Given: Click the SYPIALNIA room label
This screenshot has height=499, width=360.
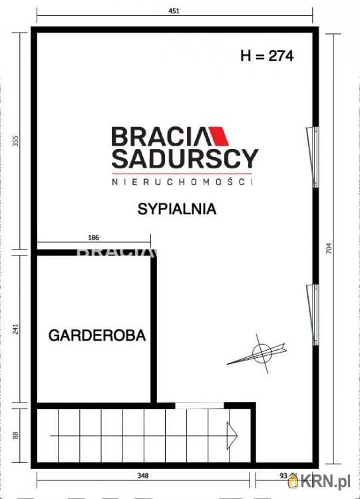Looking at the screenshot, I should [177, 209].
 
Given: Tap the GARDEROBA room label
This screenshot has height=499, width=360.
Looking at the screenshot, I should [97, 335].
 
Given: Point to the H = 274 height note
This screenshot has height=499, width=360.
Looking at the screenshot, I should [266, 56].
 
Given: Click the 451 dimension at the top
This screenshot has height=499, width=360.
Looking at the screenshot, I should [175, 11].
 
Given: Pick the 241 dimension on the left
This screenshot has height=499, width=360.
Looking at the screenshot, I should [16, 329].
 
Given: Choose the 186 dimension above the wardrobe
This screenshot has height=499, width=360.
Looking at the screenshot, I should [93, 238].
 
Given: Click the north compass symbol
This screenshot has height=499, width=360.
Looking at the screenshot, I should [261, 353].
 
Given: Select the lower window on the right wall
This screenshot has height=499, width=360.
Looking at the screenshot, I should [311, 314].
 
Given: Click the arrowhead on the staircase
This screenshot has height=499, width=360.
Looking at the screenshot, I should [233, 436].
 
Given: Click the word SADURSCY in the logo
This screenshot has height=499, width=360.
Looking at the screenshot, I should [184, 159].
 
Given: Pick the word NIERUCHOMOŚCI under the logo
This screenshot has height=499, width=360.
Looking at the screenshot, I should [182, 181].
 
